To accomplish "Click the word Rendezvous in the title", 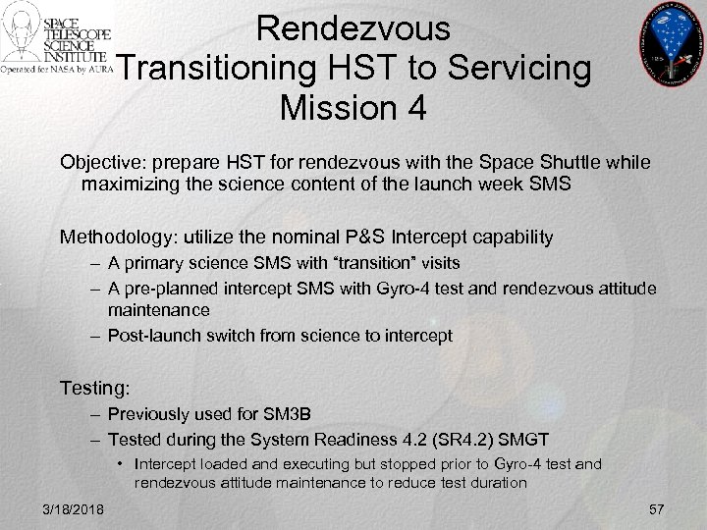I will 353,27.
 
